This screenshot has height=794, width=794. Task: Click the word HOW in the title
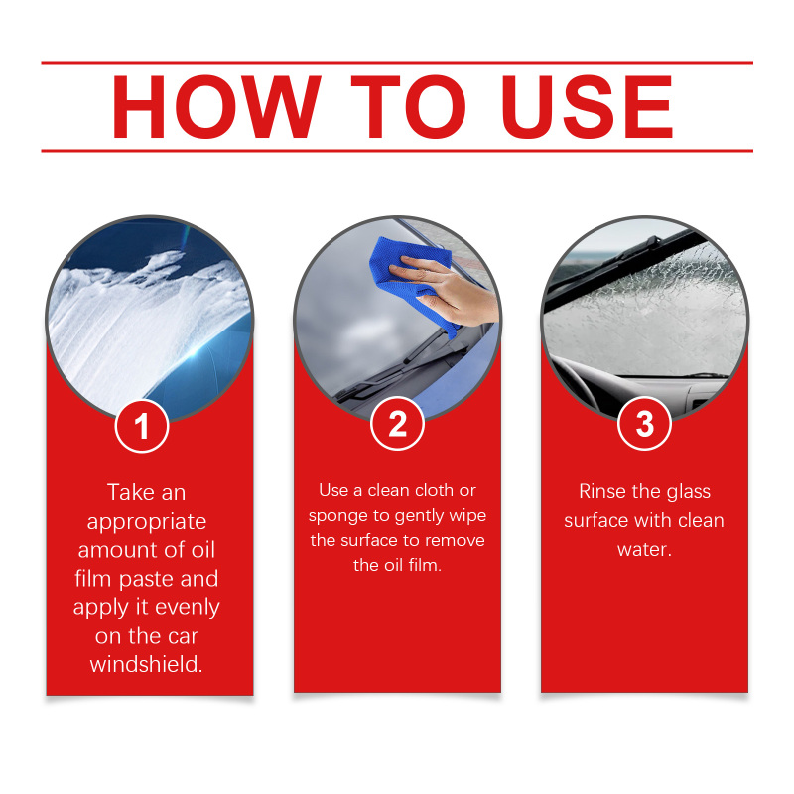216,107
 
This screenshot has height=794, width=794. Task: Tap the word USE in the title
588,107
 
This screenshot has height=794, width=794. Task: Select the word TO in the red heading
408,107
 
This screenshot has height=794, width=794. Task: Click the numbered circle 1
142,426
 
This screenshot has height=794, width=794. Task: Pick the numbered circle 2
398,424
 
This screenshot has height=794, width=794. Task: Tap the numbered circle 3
644,424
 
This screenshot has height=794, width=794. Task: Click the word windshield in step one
146,664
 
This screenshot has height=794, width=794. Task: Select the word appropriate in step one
147,523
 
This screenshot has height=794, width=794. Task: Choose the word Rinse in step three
602,491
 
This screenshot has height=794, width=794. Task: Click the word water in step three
644,550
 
